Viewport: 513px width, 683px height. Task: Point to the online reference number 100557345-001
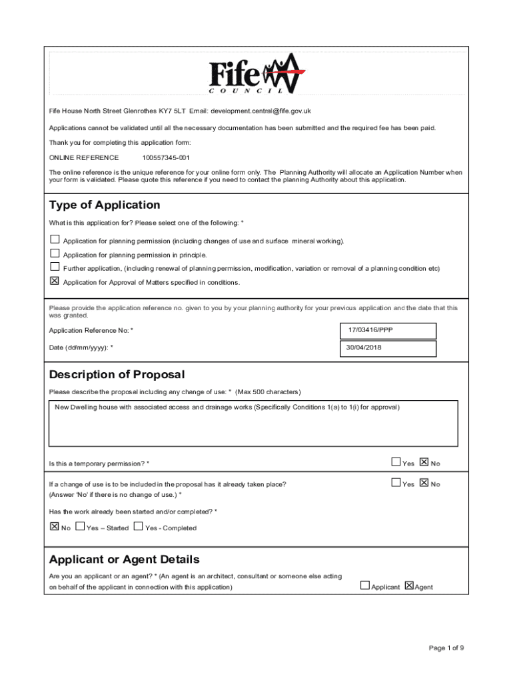coord(166,158)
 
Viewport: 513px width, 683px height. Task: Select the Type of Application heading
coord(105,205)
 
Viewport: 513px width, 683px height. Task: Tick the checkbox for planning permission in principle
coord(55,253)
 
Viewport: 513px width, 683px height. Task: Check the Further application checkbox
coord(55,267)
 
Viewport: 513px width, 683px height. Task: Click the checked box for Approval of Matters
coord(55,281)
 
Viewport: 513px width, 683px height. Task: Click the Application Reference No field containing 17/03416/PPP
coord(388,330)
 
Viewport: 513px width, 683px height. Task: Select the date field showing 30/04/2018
coord(388,348)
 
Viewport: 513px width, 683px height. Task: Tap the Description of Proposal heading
coord(117,375)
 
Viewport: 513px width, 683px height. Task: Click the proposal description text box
coord(253,423)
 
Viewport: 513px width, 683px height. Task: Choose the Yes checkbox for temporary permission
coord(396,462)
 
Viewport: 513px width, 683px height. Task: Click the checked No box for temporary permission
coord(424,462)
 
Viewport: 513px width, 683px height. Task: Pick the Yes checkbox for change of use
coord(396,483)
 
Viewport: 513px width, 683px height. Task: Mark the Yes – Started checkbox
coord(81,526)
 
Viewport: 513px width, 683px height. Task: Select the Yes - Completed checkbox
coord(139,526)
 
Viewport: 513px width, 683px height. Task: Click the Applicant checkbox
coord(365,586)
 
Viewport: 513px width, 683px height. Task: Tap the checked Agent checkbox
coord(409,586)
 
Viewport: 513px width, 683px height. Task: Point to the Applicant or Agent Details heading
coord(124,559)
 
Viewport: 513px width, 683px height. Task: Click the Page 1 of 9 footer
coord(446,648)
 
